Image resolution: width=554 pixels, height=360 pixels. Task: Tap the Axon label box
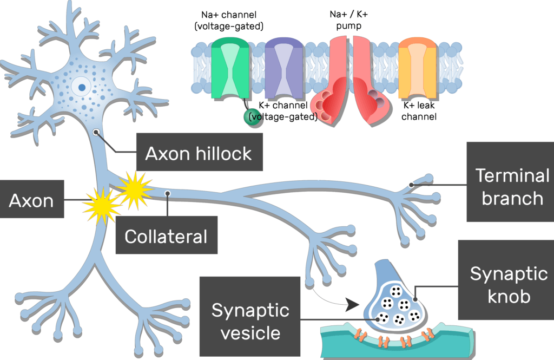coord(31,201)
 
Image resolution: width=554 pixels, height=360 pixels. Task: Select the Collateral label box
coord(166,235)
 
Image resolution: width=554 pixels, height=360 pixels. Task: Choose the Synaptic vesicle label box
coord(250,320)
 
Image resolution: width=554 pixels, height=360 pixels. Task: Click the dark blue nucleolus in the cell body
coord(82,87)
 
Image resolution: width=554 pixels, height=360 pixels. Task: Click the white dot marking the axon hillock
coord(96,131)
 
